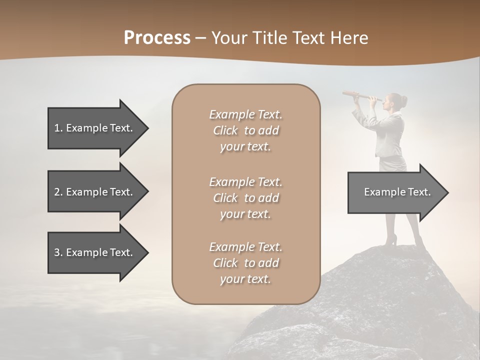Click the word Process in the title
[157, 38]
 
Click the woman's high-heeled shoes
[392, 241]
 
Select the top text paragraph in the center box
[245, 130]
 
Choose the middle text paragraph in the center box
[245, 198]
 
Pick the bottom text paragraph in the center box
[245, 263]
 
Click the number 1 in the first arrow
[57, 128]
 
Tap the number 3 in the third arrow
[57, 252]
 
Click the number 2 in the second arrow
[57, 192]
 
